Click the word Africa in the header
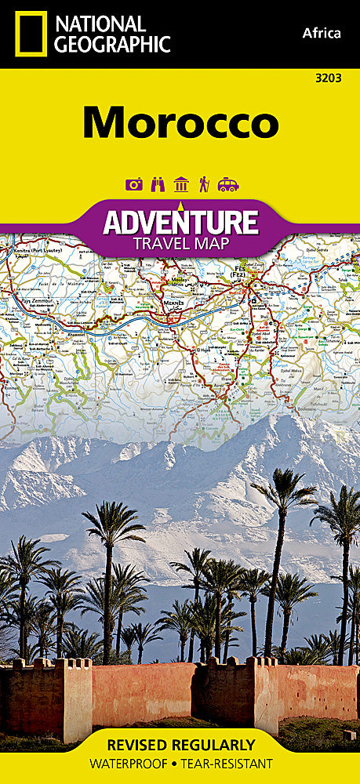click(321, 33)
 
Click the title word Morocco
click(180, 122)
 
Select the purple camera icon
click(133, 185)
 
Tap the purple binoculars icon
click(157, 185)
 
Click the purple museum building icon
click(181, 184)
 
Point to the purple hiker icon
click(205, 185)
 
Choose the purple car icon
click(228, 185)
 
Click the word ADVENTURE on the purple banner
click(181, 221)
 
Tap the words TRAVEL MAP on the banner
click(181, 243)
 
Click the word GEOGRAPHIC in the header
click(111, 44)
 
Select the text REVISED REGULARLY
click(180, 744)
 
